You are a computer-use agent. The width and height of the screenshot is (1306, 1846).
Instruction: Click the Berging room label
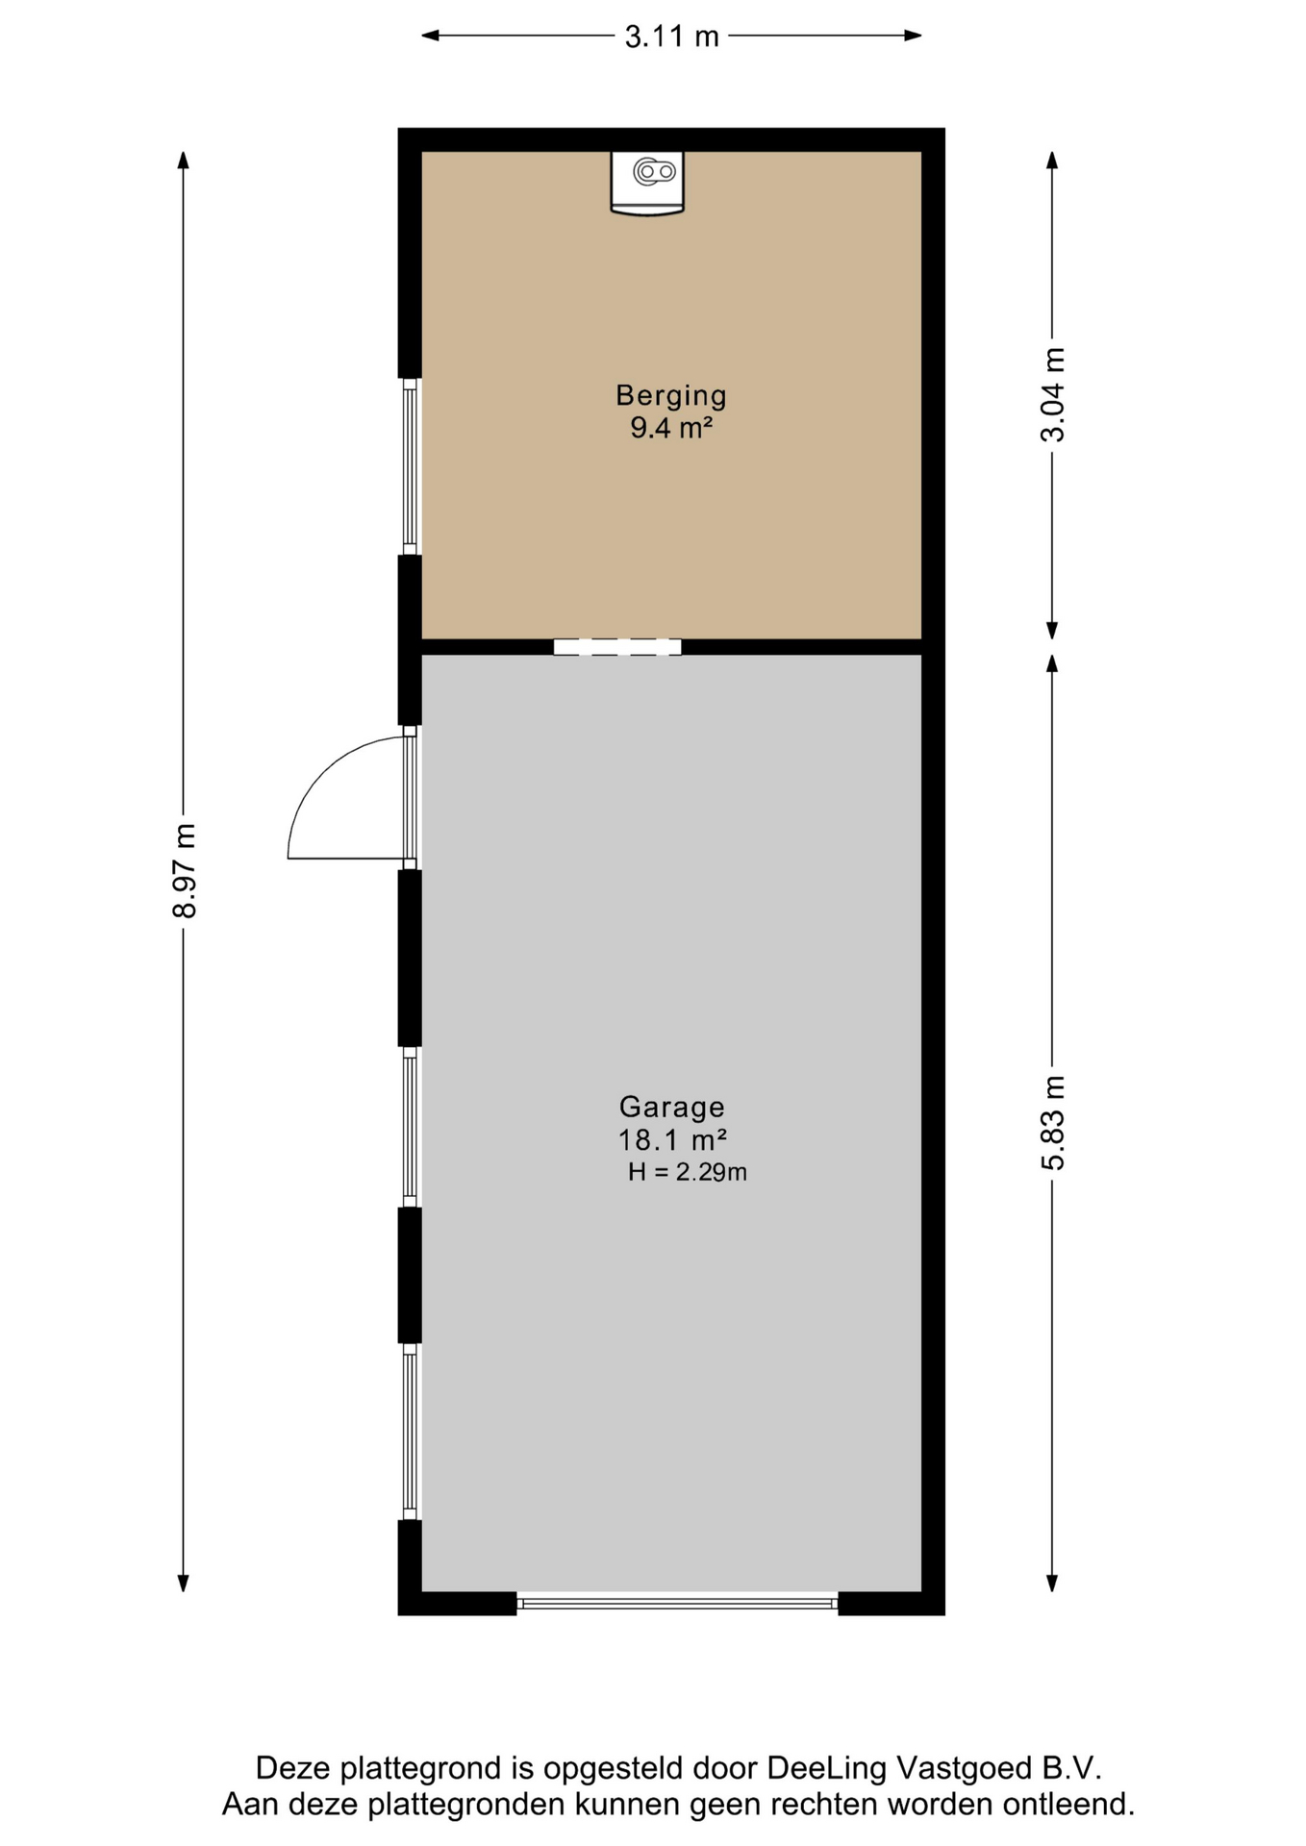(x=671, y=395)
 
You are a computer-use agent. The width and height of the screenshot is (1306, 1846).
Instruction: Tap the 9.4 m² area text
(x=671, y=428)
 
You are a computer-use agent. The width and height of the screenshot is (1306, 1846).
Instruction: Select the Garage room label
(x=671, y=1108)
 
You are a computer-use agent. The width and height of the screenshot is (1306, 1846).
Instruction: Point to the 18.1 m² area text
(x=671, y=1140)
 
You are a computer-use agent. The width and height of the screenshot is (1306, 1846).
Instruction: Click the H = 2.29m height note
(x=687, y=1172)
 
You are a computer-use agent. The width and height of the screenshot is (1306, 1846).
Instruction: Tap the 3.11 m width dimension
(x=671, y=37)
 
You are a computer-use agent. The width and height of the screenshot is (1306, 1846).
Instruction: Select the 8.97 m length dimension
(x=184, y=871)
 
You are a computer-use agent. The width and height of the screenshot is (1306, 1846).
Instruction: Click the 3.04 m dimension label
(x=1053, y=395)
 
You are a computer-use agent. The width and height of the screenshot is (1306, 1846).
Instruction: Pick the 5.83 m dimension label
(x=1053, y=1123)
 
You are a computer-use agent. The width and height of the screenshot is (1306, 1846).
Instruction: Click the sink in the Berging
(x=647, y=183)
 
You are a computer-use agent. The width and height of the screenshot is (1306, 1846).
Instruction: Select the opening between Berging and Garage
(x=617, y=647)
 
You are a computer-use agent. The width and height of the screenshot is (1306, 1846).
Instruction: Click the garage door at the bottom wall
(x=678, y=1603)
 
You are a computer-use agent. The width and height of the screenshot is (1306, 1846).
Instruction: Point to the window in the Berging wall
(x=411, y=466)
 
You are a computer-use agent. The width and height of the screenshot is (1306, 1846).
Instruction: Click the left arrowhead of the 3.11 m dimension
(x=431, y=36)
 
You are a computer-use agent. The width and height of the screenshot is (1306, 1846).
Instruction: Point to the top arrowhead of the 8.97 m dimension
(x=184, y=160)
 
